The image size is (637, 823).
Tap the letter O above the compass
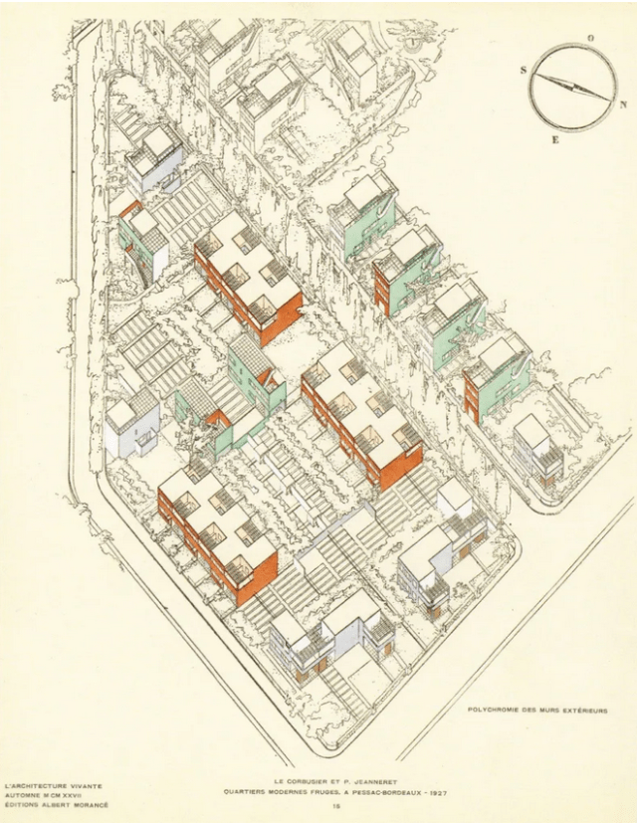[x=590, y=38]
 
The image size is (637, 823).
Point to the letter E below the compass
[x=554, y=140]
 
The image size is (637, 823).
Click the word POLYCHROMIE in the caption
[x=495, y=710]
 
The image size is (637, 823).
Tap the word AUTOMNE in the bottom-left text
[x=25, y=795]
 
